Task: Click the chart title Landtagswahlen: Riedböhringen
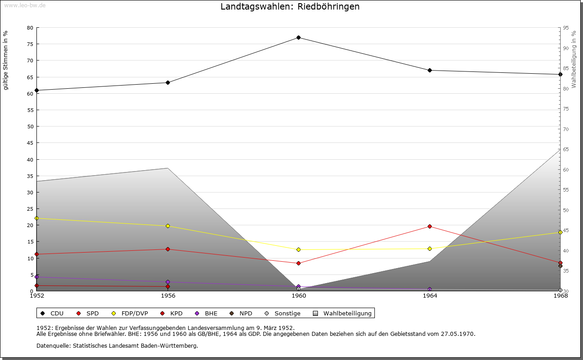pos(290,7)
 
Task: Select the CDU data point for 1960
pos(298,37)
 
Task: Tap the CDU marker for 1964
pos(430,70)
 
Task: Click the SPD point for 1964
pos(430,226)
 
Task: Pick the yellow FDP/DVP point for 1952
pos(37,218)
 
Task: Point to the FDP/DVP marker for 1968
pos(560,232)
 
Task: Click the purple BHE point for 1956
pos(168,282)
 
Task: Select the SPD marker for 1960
pos(298,263)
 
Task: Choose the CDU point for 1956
pos(168,82)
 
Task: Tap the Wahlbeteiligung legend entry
pos(343,313)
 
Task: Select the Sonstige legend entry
pos(283,313)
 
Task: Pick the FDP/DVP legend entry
pos(130,313)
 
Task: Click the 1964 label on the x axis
pos(430,296)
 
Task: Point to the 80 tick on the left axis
pos(30,28)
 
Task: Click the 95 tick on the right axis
pos(566,28)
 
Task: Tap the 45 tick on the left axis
pos(30,143)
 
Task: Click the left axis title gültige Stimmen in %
pos(5,60)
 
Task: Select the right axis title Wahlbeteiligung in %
pos(574,59)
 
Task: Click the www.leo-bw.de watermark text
pos(25,5)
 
